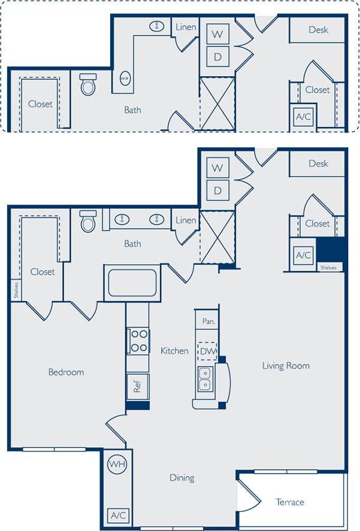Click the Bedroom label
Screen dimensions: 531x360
click(66, 372)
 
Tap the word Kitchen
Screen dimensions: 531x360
click(174, 351)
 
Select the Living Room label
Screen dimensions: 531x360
click(286, 366)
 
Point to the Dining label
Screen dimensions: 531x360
click(181, 478)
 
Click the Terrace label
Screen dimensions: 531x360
click(290, 502)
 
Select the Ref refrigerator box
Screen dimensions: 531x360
click(137, 387)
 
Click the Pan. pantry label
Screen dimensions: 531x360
click(208, 321)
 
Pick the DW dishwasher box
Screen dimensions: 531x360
click(207, 351)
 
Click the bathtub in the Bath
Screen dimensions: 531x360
click(132, 283)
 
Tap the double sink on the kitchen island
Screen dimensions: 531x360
click(204, 380)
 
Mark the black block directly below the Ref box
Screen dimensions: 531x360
click(138, 405)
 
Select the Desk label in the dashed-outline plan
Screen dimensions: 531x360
click(318, 30)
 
